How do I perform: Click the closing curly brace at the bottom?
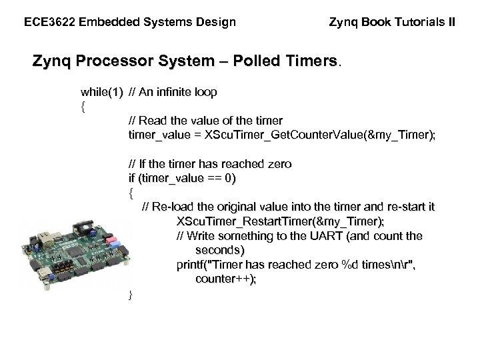click(131, 294)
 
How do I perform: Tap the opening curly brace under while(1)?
click(83, 107)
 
